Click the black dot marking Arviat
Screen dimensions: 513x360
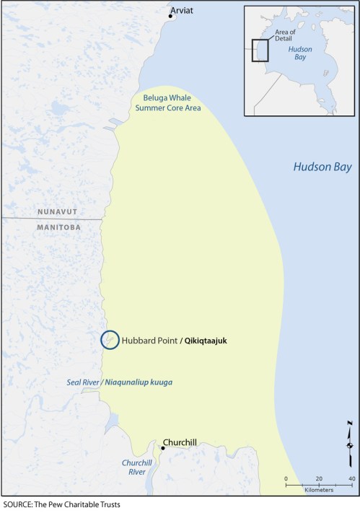coord(170,16)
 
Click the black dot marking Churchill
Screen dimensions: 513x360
coord(162,448)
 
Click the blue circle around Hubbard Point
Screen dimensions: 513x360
coord(110,339)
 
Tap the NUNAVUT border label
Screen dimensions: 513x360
coord(60,212)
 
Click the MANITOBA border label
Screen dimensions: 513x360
coord(59,226)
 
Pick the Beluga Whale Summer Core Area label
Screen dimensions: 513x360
coord(167,102)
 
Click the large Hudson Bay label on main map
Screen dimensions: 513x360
coord(322,167)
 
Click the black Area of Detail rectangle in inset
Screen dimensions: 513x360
coord(260,50)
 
